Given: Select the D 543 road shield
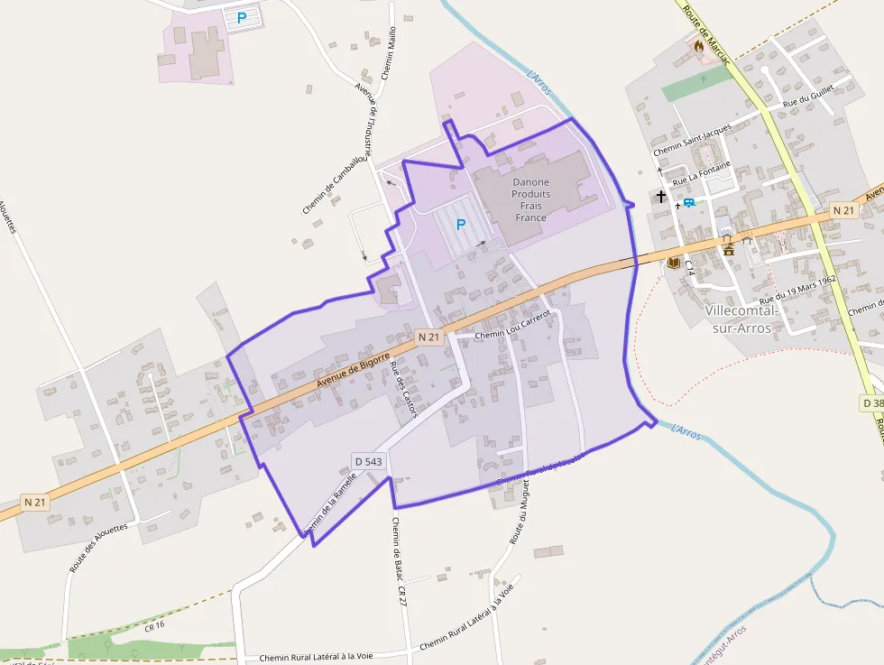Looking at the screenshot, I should [x=369, y=461].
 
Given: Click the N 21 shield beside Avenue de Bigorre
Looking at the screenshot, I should [x=429, y=337].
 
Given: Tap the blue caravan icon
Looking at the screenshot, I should [x=689, y=203].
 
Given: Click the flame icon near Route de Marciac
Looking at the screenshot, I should [x=698, y=44].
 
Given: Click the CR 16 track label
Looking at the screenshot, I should [x=154, y=625].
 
